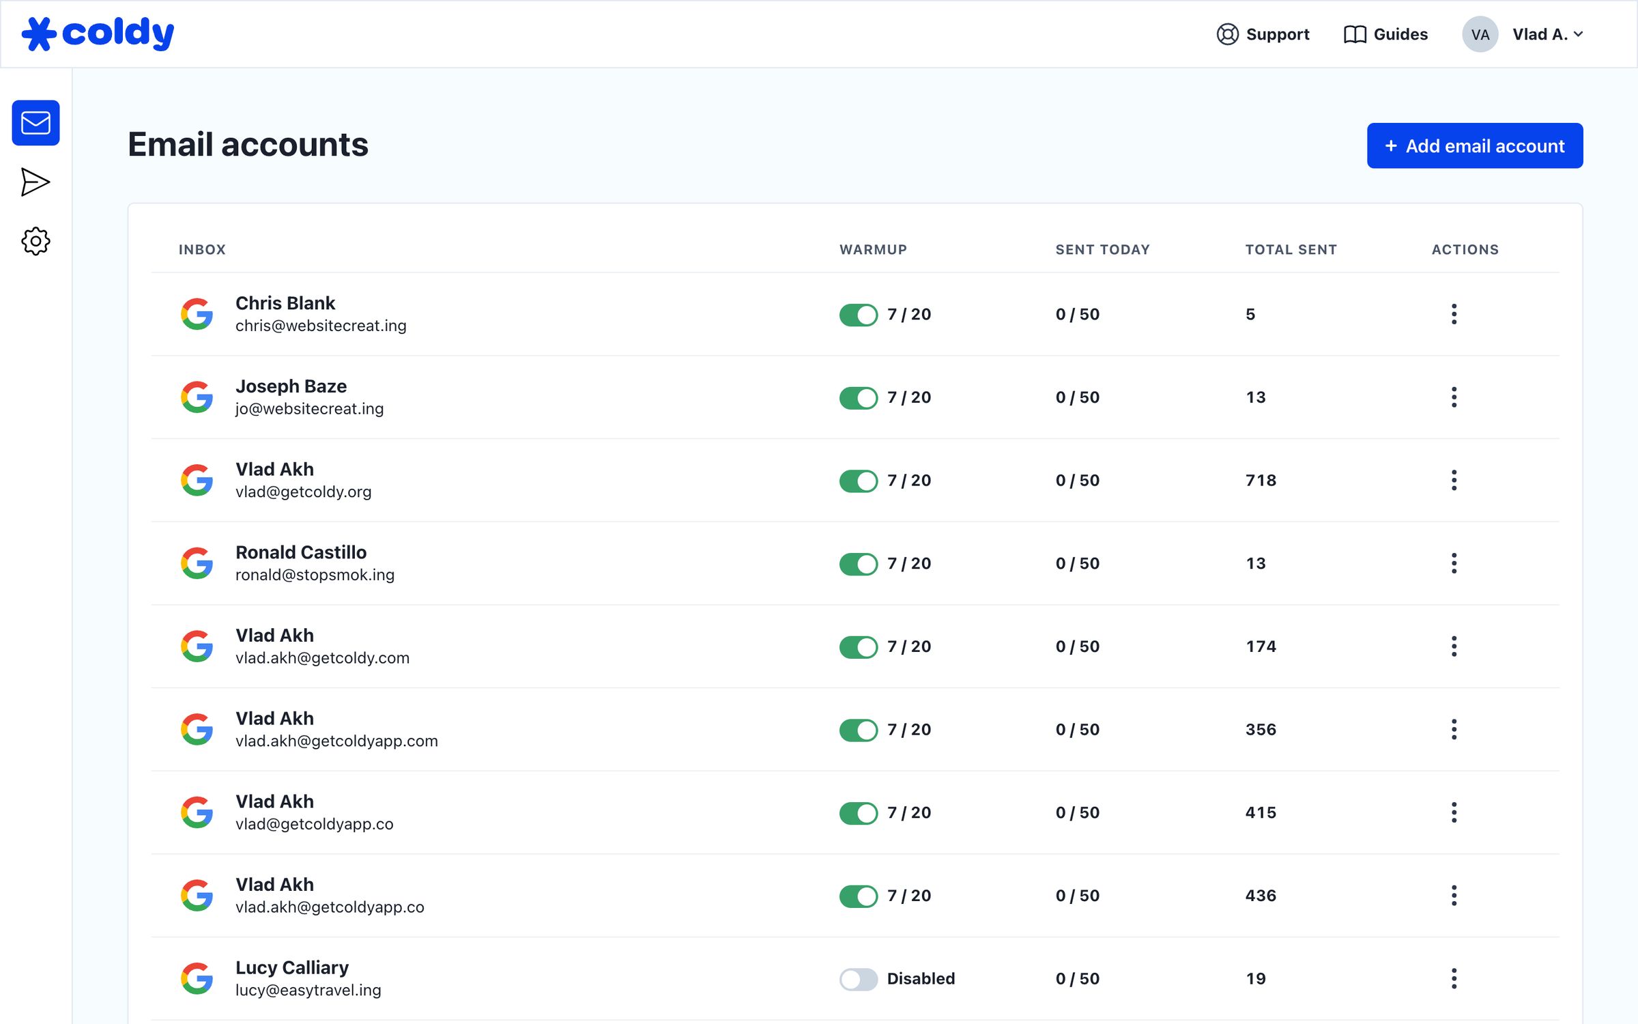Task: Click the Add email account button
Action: tap(1474, 145)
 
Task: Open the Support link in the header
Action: tap(1263, 34)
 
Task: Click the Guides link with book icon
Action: tap(1385, 34)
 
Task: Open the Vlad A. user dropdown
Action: tap(1523, 34)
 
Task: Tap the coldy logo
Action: tap(98, 33)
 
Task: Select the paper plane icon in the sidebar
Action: tap(35, 182)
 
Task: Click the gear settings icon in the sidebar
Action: tap(35, 241)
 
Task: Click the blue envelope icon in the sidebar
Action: tap(35, 123)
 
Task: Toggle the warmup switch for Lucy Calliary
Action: tap(858, 979)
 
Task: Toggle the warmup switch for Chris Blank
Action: tap(858, 315)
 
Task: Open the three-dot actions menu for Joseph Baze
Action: tap(1454, 397)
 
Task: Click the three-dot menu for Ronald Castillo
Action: tap(1454, 563)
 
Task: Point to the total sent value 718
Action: tap(1261, 481)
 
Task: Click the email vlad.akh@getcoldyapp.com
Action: tap(336, 741)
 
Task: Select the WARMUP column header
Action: tap(873, 250)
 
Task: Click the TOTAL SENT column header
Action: tap(1291, 250)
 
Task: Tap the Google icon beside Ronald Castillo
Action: tap(197, 563)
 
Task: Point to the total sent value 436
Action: tap(1261, 896)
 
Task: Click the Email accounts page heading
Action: tap(248, 145)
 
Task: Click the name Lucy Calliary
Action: tap(292, 967)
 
